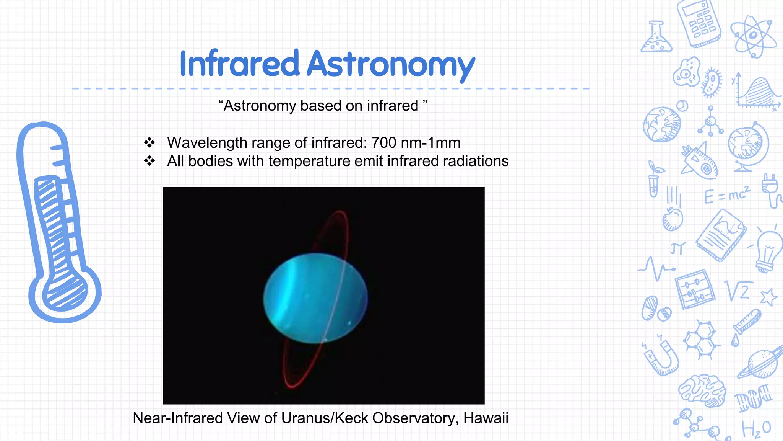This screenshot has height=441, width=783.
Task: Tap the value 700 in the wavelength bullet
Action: pyautogui.click(x=383, y=143)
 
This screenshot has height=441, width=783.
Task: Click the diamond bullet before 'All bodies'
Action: pyautogui.click(x=149, y=161)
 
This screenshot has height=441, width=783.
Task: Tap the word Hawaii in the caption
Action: pyautogui.click(x=486, y=418)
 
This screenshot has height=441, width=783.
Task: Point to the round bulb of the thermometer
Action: pyautogui.click(x=65, y=295)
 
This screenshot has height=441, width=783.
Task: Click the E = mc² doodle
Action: pyautogui.click(x=727, y=195)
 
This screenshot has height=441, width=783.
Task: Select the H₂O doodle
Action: pyautogui.click(x=756, y=428)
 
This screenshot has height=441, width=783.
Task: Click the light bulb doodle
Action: pyautogui.click(x=768, y=251)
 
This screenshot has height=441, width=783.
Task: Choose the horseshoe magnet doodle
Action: pyautogui.click(x=661, y=356)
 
